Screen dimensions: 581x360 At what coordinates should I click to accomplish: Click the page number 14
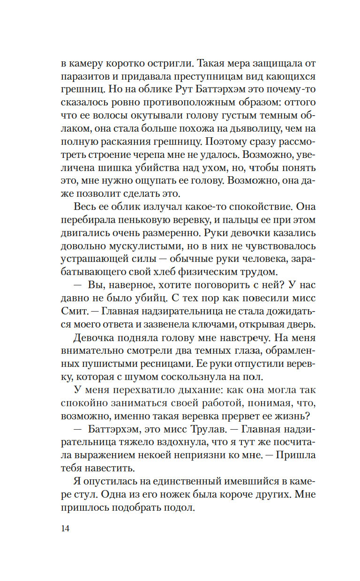65,529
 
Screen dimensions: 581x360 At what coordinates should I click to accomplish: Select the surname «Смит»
75,312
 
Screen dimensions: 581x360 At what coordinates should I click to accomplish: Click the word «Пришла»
295,455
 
